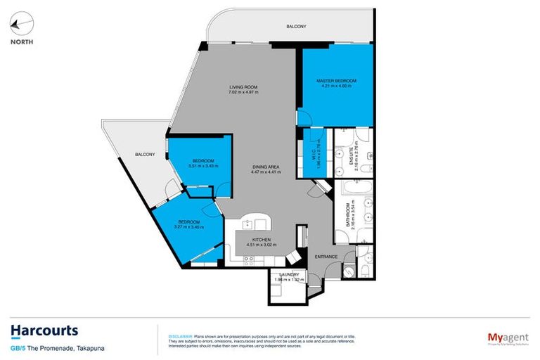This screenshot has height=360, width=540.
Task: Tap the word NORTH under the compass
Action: click(x=21, y=41)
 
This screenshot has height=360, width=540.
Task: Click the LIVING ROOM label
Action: click(x=243, y=87)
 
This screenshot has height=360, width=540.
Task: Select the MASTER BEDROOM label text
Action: click(x=336, y=81)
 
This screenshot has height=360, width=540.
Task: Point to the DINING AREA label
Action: click(x=266, y=167)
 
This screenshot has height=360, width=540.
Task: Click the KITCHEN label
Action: click(x=262, y=240)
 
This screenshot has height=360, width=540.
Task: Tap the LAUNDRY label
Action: click(x=290, y=274)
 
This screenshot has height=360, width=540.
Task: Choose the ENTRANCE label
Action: click(x=326, y=257)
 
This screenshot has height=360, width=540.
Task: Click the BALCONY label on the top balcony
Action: click(x=296, y=27)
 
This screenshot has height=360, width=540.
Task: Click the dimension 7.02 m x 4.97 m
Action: click(x=243, y=93)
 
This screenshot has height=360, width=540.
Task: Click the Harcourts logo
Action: click(x=44, y=330)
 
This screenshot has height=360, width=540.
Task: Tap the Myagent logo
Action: click(x=508, y=337)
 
